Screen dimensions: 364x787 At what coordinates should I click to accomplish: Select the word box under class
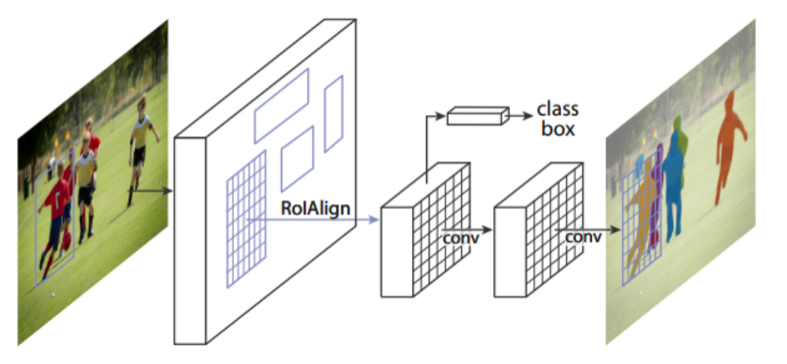click(557, 129)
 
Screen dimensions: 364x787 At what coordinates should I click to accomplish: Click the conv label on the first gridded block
click(460, 238)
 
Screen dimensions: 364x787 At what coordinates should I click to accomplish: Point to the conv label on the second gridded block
click(583, 237)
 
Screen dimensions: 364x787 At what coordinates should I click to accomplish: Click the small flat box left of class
click(477, 116)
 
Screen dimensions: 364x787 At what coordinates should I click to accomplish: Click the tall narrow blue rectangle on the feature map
click(333, 113)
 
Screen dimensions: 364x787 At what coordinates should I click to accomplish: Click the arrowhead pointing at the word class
click(527, 110)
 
